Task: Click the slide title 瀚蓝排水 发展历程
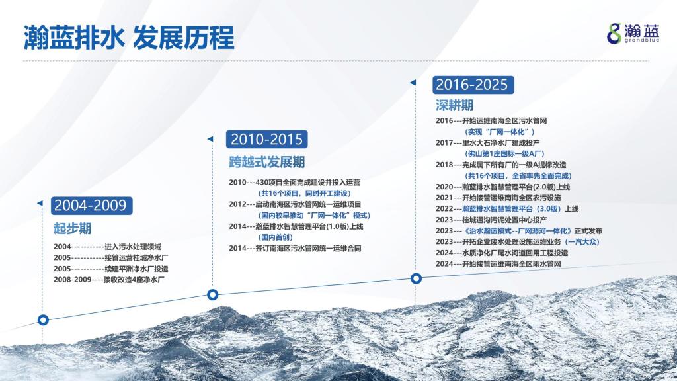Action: pyautogui.click(x=129, y=38)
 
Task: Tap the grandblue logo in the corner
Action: pyautogui.click(x=633, y=33)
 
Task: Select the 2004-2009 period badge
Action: pyautogui.click(x=91, y=206)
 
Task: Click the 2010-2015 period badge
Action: pyautogui.click(x=267, y=139)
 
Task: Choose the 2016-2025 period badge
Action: pyautogui.click(x=473, y=85)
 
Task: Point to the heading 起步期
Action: pyautogui.click(x=73, y=228)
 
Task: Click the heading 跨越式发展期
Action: pyautogui.click(x=267, y=163)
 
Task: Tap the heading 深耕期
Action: pyautogui.click(x=454, y=105)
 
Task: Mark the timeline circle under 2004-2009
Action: pyautogui.click(x=43, y=320)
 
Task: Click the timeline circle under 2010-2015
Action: pyautogui.click(x=212, y=294)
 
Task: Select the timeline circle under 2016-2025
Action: pyautogui.click(x=416, y=278)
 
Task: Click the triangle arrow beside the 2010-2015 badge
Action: pyautogui.click(x=210, y=139)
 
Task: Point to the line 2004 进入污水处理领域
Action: pyautogui.click(x=107, y=247)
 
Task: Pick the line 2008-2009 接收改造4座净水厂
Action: pyautogui.click(x=109, y=280)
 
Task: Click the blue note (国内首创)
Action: pyautogui.click(x=276, y=237)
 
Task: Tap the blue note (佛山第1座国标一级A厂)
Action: pyautogui.click(x=504, y=153)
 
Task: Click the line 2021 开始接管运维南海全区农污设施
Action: pyautogui.click(x=498, y=198)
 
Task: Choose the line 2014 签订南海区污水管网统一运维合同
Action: pyautogui.click(x=295, y=249)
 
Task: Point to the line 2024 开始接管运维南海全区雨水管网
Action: pyautogui.click(x=498, y=264)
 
